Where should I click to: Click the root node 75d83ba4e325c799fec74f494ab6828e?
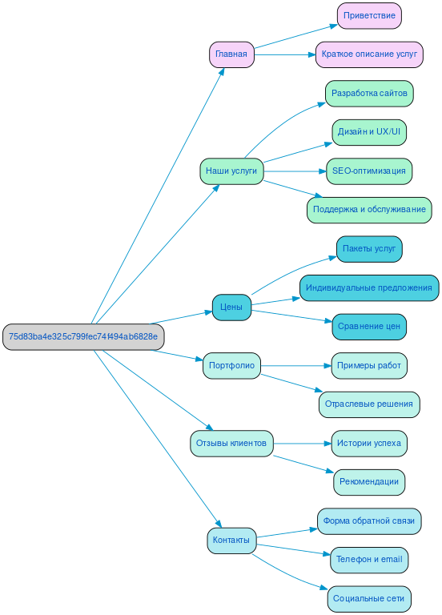[83, 336]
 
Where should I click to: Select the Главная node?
[231, 54]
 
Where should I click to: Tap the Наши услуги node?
[231, 171]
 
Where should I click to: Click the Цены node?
[231, 307]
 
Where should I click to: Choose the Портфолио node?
[231, 366]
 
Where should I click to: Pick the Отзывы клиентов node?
[231, 443]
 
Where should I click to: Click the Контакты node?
[231, 540]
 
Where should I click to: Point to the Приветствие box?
[369, 15]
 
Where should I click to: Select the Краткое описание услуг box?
[369, 54]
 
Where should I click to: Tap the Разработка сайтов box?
[369, 93]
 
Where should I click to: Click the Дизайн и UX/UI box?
[369, 131]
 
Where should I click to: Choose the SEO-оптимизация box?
[369, 171]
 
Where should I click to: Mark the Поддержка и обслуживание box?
[369, 210]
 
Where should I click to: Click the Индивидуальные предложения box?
[369, 287]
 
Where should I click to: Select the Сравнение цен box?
[369, 326]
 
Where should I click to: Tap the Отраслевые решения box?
[369, 404]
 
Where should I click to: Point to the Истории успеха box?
[369, 443]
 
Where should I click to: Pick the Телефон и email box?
[369, 560]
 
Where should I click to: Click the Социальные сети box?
[369, 598]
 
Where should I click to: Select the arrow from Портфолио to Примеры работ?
[296, 366]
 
